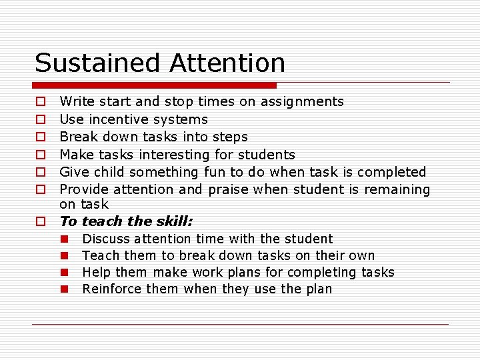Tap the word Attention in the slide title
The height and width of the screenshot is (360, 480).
[x=227, y=63]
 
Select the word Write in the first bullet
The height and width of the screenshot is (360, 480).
[x=77, y=102]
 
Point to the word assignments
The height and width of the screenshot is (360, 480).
[x=302, y=102]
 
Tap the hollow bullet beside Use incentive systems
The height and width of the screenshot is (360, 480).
[x=40, y=120]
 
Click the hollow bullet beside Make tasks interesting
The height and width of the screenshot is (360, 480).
[x=40, y=155]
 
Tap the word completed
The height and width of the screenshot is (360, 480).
[x=393, y=172]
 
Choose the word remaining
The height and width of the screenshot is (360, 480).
[x=397, y=189]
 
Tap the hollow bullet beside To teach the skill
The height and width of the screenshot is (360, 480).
[x=40, y=221]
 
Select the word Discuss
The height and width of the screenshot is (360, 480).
[x=106, y=239]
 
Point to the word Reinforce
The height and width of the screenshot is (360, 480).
[x=110, y=289]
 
